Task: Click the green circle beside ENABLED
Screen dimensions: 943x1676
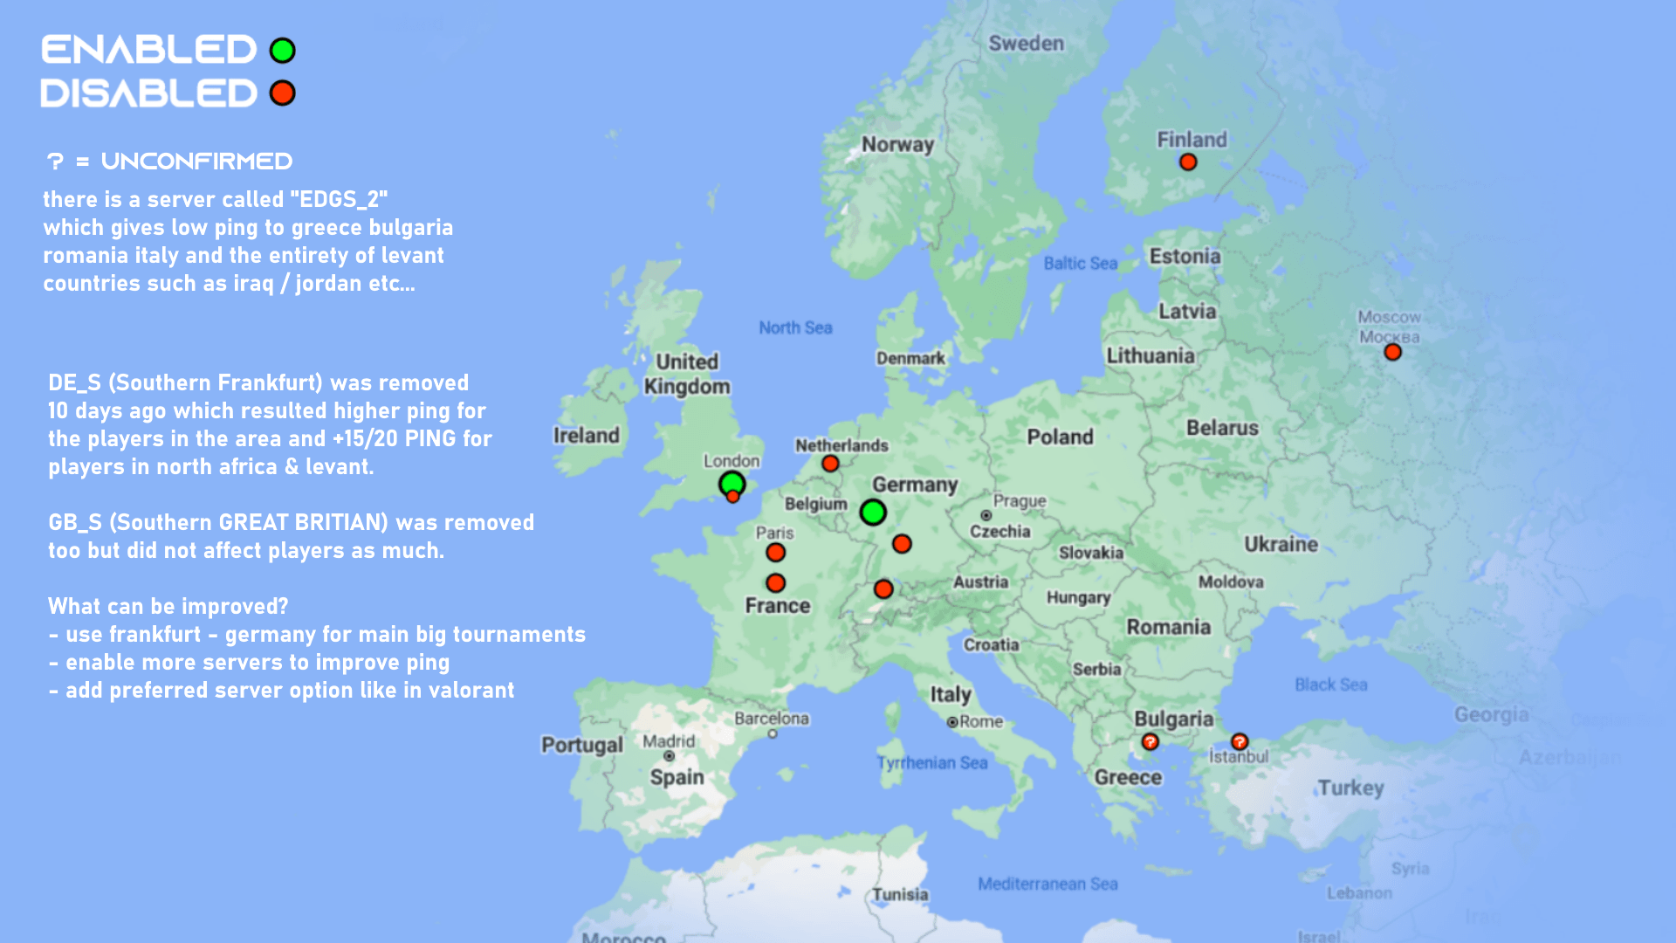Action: [282, 51]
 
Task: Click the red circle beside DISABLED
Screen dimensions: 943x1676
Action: [282, 93]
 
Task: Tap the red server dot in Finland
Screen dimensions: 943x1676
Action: [1188, 162]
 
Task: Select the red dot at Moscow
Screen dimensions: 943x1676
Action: [1392, 352]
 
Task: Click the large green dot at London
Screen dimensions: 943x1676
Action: [732, 483]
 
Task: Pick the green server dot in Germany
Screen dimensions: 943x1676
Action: [873, 513]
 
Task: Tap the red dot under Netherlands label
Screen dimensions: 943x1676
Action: [830, 464]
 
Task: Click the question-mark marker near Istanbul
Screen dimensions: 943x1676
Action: [1240, 742]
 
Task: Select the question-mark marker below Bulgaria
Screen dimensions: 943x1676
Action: [1150, 742]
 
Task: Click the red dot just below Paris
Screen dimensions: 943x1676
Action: [775, 553]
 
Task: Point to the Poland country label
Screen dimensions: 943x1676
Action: [1060, 437]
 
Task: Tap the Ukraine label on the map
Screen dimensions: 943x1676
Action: [1281, 544]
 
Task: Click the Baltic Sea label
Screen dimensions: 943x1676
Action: [1080, 263]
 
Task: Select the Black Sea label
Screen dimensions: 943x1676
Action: [1330, 685]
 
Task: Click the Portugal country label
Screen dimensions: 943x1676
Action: [581, 745]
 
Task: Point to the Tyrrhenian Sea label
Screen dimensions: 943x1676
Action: [932, 762]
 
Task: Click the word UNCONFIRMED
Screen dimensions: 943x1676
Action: [196, 162]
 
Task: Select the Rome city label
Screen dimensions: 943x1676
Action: [981, 722]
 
